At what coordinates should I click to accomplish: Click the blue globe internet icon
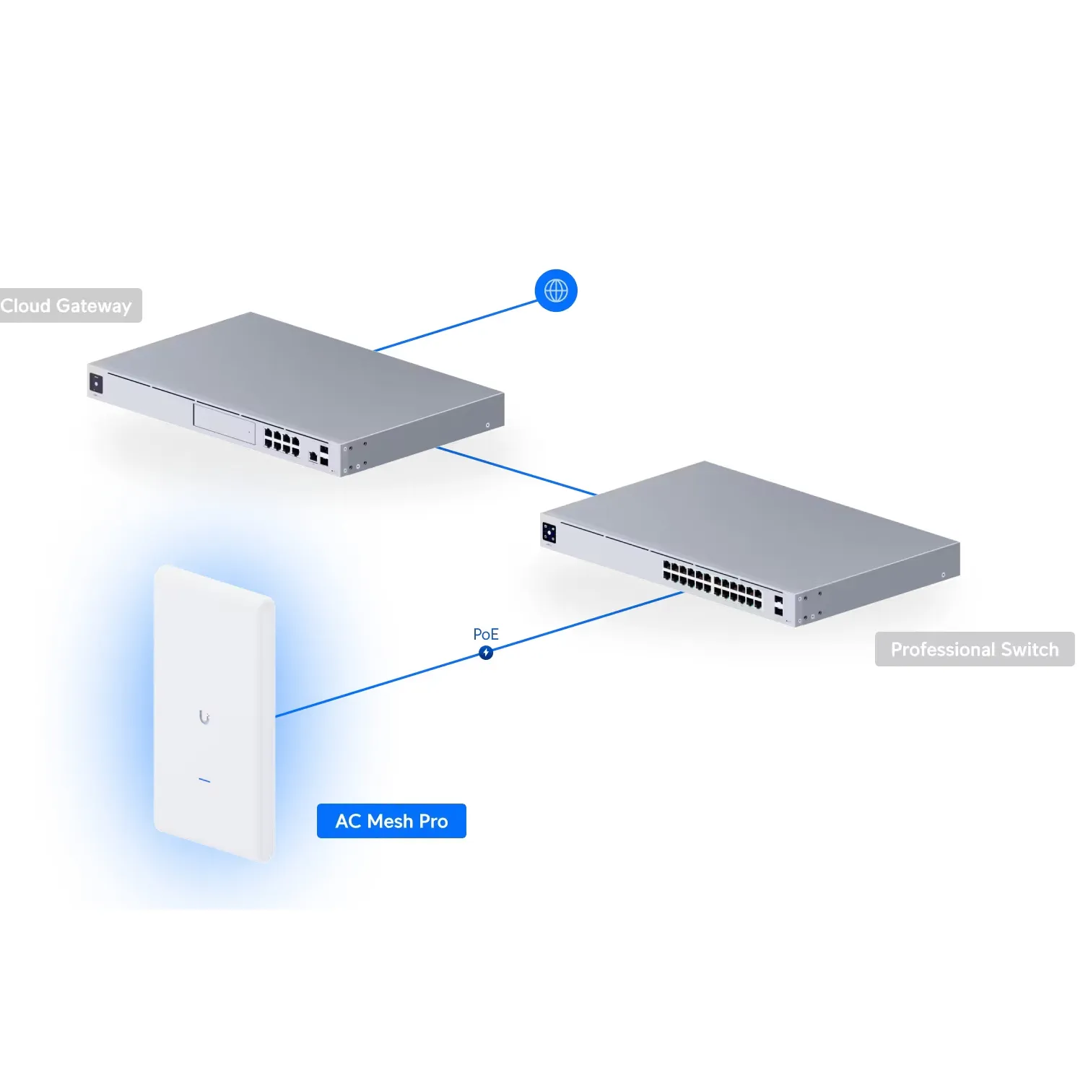556,291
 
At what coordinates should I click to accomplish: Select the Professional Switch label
975,649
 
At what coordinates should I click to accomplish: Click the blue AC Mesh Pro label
391,821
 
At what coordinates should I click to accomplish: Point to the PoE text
486,634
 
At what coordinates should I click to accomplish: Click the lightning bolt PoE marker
486,653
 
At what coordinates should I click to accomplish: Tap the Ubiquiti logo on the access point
204,717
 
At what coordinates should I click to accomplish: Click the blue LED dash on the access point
204,780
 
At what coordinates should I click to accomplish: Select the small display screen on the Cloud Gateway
96,383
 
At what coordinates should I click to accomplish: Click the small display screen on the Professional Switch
549,533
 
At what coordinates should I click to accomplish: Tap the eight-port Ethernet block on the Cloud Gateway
282,441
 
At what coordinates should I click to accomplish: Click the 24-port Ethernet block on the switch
713,583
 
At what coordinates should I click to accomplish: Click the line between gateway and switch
517,471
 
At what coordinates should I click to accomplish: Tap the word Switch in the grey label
1030,649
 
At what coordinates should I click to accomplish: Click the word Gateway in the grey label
94,306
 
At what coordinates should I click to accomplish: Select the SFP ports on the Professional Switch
778,605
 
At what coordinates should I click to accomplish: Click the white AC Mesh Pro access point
214,713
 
